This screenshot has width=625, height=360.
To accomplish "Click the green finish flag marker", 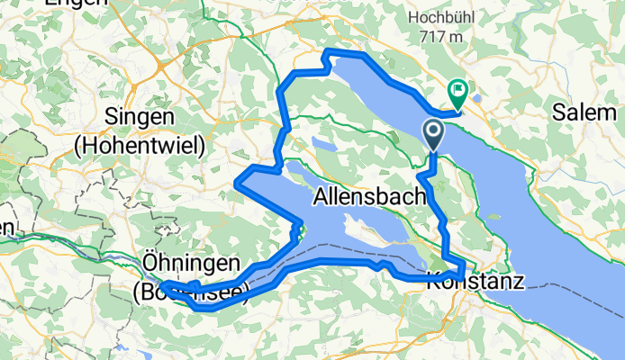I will point(457,91).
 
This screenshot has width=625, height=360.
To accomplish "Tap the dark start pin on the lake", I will point(433,135).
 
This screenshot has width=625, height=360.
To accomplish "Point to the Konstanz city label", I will point(476,282).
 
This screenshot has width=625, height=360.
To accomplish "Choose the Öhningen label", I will point(192,263).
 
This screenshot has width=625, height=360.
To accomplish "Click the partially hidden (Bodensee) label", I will point(185,292).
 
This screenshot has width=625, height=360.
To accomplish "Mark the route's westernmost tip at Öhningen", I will point(162,285).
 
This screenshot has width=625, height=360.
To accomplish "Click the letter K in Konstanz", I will point(433,282).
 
